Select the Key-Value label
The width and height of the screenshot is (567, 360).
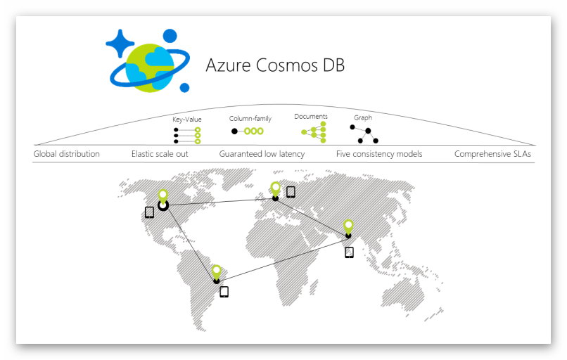pyautogui.click(x=186, y=120)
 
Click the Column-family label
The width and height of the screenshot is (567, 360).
pyautogui.click(x=250, y=119)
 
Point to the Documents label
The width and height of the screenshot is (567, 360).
pyautogui.click(x=311, y=117)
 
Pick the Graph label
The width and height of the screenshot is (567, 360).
pyautogui.click(x=363, y=117)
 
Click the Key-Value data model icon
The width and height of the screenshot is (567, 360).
pyautogui.click(x=187, y=135)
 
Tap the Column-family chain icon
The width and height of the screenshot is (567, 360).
pyautogui.click(x=247, y=131)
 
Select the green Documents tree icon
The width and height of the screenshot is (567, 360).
pyautogui.click(x=314, y=131)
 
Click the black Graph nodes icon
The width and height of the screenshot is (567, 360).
pyautogui.click(x=364, y=134)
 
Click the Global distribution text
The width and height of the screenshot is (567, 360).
pyautogui.click(x=67, y=153)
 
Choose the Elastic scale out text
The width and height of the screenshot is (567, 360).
pyautogui.click(x=160, y=153)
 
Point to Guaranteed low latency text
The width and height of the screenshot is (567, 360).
pyautogui.click(x=262, y=153)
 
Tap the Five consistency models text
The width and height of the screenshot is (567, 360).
pyautogui.click(x=379, y=153)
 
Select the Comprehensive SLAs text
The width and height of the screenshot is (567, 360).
pyautogui.click(x=492, y=153)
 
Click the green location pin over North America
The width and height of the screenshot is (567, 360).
pyautogui.click(x=163, y=195)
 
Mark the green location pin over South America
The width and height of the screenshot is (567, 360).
pyautogui.click(x=217, y=271)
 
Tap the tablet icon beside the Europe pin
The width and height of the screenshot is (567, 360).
pyautogui.click(x=291, y=191)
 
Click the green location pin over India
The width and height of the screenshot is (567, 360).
pyautogui.click(x=348, y=225)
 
